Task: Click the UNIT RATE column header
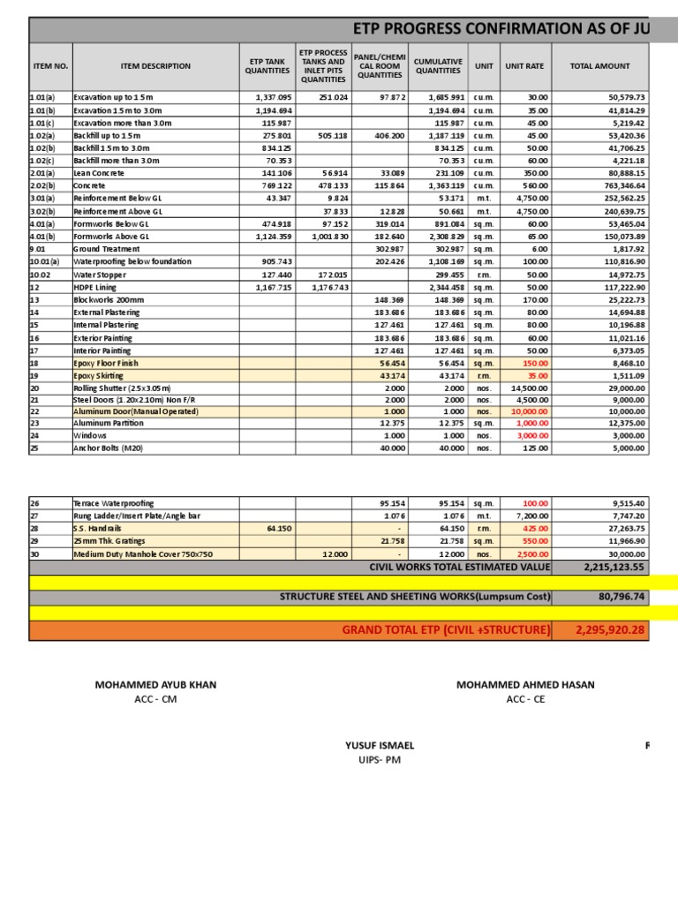(525, 66)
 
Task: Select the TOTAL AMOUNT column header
(600, 66)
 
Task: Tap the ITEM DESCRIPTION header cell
(155, 66)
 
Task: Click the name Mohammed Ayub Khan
(155, 685)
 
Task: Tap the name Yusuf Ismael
(380, 745)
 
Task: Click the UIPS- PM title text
(380, 759)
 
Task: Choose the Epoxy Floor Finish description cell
(106, 363)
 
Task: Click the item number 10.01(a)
(44, 262)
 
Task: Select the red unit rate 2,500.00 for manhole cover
(531, 554)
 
